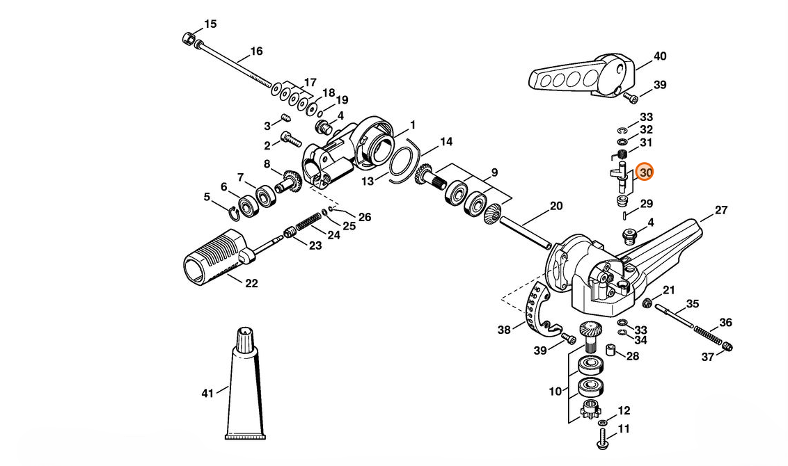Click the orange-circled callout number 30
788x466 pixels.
[645, 172]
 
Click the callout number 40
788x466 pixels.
[659, 56]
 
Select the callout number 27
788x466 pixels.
[720, 209]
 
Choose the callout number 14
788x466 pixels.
[446, 142]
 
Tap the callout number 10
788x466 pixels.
[555, 392]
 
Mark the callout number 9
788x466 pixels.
[494, 172]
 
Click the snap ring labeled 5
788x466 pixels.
[234, 210]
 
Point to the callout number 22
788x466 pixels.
[251, 283]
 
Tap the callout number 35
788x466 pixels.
[692, 303]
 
